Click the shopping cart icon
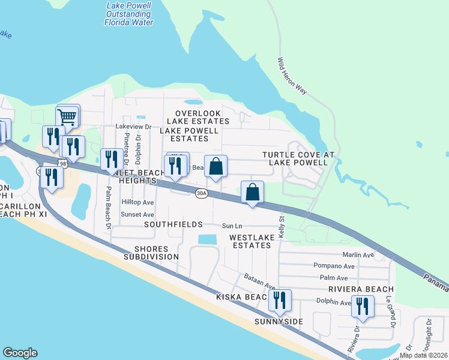pyautogui.click(x=68, y=116)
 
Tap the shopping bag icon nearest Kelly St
pyautogui.click(x=253, y=193)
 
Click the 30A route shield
pyautogui.click(x=202, y=193)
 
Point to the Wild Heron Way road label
pyautogui.click(x=292, y=76)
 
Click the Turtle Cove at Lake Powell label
pyautogui.click(x=298, y=158)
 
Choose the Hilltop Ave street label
pyautogui.click(x=138, y=203)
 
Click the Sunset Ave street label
pyautogui.click(x=138, y=214)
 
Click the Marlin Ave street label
pyautogui.click(x=358, y=254)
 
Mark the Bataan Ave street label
pyautogui.click(x=259, y=280)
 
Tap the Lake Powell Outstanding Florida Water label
pyautogui.click(x=129, y=14)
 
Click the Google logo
pyautogui.click(x=20, y=353)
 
